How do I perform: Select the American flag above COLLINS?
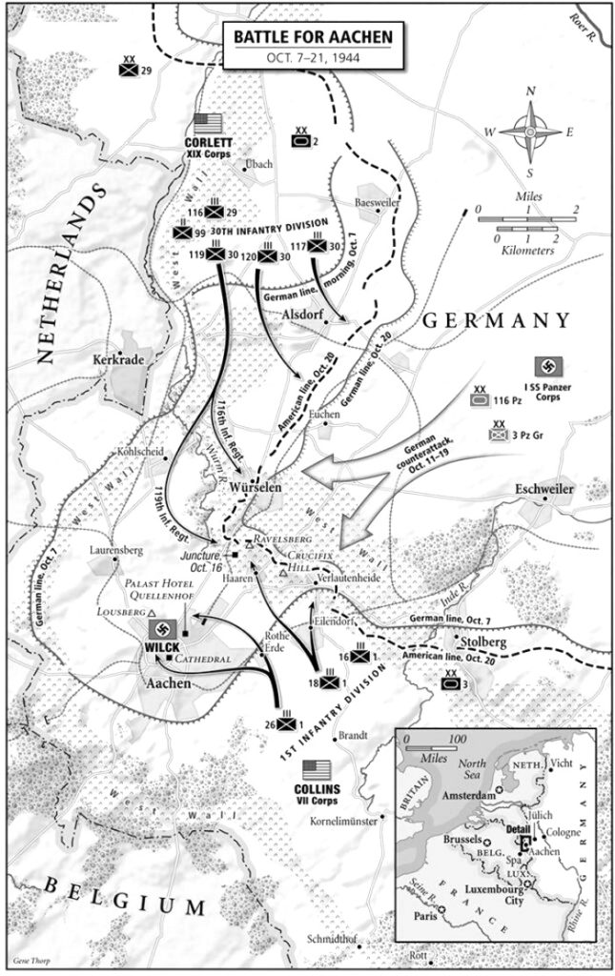coord(316,769)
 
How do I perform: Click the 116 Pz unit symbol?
coord(481,402)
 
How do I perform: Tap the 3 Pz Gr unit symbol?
coord(499,435)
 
